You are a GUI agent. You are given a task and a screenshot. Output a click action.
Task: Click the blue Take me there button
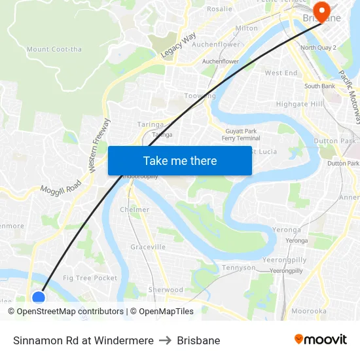point(180,160)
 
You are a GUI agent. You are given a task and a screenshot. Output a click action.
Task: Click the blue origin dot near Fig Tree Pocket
point(39,298)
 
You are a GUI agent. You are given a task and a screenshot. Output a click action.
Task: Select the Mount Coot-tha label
point(54,49)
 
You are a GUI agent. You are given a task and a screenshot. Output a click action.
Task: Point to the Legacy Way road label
point(178,47)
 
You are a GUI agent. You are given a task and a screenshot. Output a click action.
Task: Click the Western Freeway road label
point(100,145)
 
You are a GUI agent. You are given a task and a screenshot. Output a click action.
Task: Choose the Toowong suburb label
point(200,96)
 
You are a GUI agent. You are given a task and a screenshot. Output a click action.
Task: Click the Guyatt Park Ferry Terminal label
point(241,134)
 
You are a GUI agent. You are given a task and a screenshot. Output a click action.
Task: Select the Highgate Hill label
point(300,104)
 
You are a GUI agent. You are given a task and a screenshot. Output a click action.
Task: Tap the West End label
point(281,73)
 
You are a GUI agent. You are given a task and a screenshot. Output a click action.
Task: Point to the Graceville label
point(148,247)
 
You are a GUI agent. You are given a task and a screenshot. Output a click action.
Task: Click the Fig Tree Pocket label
point(90,278)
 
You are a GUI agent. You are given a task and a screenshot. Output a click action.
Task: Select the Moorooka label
point(308,311)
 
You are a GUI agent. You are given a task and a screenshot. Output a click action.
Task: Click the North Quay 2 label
point(317,48)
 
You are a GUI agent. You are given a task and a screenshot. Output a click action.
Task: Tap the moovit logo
point(320,339)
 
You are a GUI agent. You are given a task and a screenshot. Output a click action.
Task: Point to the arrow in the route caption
point(165,340)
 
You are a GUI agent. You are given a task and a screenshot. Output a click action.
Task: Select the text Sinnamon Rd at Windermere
point(83,340)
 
